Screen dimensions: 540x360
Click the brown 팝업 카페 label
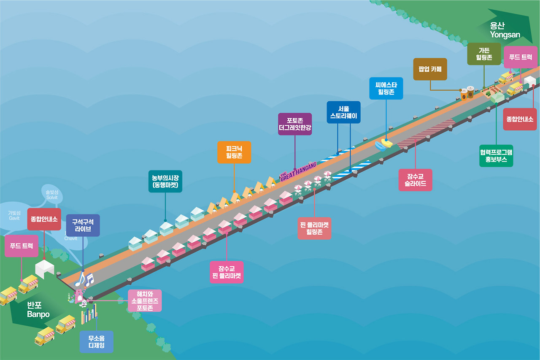(430, 69)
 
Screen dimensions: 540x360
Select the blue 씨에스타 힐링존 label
(386, 88)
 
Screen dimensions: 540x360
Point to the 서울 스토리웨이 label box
(344, 112)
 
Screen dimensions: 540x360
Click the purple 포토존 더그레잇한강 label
(295, 124)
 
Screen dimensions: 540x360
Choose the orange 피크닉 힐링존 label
(234, 152)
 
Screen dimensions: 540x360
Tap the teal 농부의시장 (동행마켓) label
(165, 181)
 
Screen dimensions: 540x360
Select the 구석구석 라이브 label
(83, 225)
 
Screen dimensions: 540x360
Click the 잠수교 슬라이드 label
(416, 180)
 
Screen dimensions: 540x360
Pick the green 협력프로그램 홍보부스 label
(496, 156)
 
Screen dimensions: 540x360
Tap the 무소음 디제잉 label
(97, 341)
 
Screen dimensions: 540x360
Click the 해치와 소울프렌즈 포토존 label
(145, 300)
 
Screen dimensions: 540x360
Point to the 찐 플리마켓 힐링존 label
(314, 228)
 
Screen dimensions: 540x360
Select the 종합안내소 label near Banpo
(44, 219)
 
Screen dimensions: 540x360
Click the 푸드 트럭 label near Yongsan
(521, 57)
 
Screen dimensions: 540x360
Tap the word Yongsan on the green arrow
(505, 35)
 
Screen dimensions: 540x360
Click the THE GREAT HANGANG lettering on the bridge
(298, 171)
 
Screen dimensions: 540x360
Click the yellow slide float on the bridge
(386, 142)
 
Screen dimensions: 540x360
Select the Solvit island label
(52, 195)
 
